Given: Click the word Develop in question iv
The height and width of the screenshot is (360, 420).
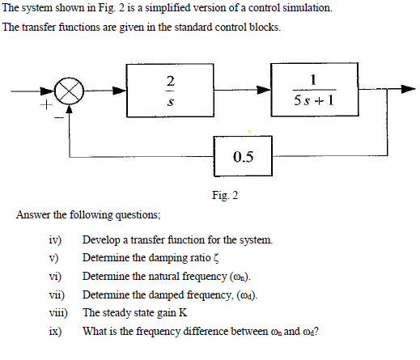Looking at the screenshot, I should tap(100, 240).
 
